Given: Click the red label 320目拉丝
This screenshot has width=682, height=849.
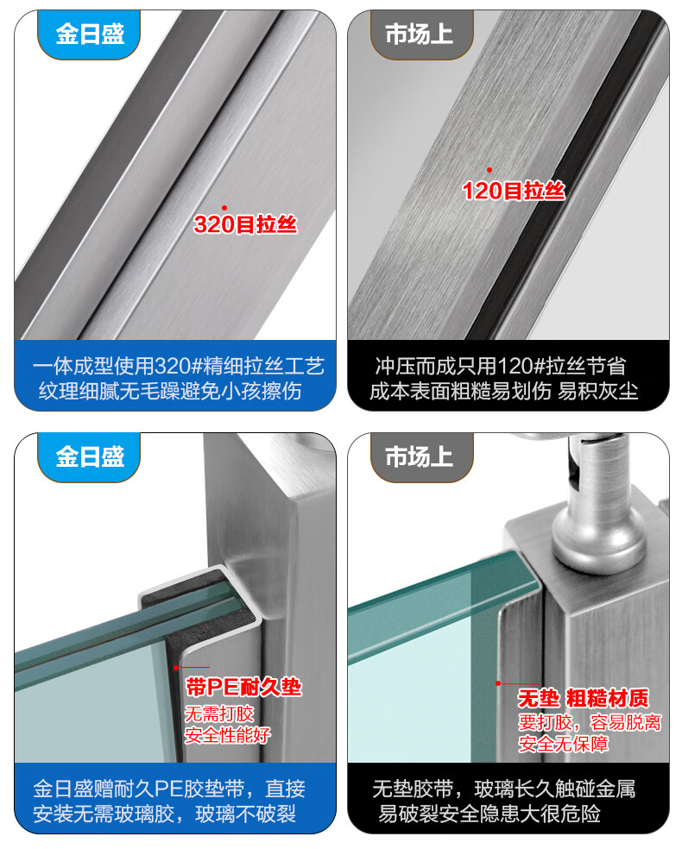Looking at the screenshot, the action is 245,224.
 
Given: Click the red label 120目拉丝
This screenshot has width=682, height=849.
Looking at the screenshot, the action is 513,191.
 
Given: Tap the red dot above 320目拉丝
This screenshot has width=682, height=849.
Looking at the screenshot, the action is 224,208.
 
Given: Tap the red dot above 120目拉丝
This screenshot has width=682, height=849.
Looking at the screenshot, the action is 489,170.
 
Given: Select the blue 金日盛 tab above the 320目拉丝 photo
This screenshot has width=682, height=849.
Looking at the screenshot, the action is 90,35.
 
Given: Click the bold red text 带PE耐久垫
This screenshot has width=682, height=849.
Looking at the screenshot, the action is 243,687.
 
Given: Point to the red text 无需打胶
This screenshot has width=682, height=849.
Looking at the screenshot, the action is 219,714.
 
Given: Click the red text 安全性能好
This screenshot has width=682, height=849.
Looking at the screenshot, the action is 228,735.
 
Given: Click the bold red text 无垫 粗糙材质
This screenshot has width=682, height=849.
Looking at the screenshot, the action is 584,699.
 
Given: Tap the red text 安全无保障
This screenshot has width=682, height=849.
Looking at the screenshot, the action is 564,744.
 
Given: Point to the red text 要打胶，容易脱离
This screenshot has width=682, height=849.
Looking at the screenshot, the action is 590,722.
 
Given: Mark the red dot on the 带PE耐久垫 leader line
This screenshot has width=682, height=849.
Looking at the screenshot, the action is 176,668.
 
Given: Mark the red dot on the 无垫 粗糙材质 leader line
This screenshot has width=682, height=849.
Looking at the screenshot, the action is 498,683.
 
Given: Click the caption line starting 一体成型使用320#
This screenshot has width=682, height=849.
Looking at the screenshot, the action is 178,367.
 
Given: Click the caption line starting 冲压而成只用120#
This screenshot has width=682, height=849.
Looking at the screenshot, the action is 501,367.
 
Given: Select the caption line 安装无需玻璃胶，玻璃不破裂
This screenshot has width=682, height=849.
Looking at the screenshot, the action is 165,814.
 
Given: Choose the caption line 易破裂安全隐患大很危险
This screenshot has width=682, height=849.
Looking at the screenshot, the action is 489,814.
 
